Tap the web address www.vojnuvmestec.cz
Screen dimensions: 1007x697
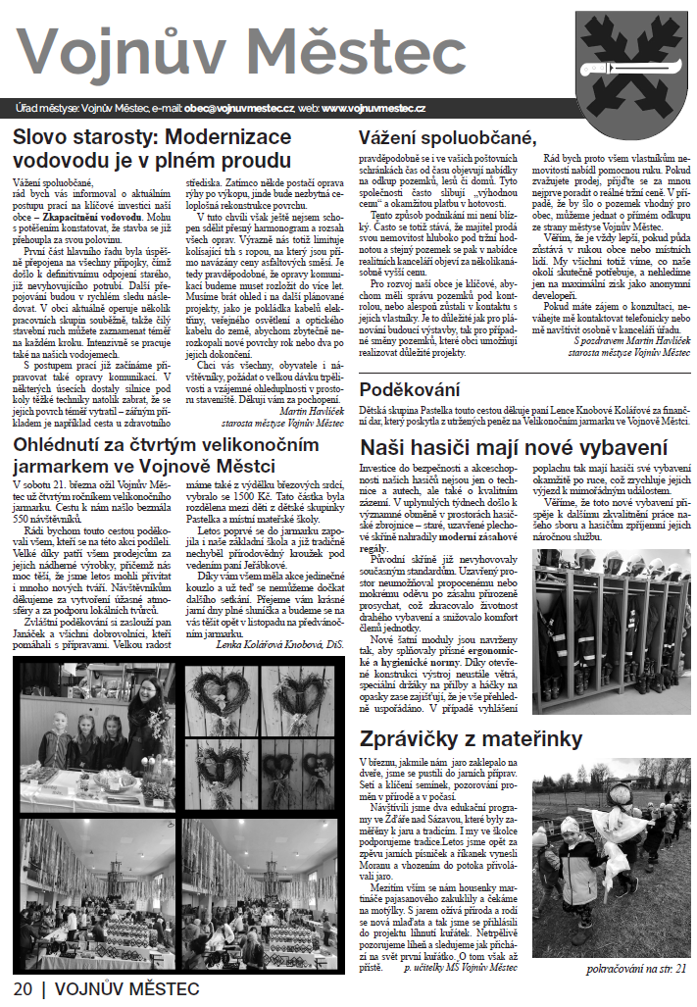click(373, 107)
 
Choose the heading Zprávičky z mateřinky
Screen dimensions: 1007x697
click(472, 738)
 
